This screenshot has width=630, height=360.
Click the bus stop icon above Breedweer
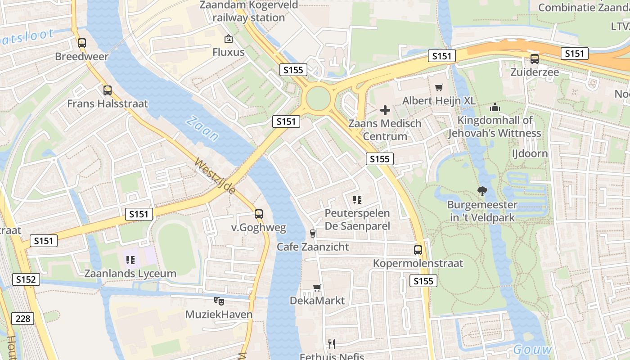tap(81, 44)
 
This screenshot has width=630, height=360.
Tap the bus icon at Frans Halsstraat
tap(107, 90)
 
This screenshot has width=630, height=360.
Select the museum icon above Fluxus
tap(228, 39)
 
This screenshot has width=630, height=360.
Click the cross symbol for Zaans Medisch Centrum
tap(385, 110)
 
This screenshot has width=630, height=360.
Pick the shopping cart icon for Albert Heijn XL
tap(439, 87)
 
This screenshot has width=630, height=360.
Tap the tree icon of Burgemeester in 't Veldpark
tap(482, 191)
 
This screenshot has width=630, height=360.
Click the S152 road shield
tap(26, 279)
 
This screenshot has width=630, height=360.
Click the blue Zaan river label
tap(202, 129)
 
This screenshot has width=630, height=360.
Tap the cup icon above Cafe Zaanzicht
tap(313, 233)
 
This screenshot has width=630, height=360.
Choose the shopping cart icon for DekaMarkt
tap(317, 288)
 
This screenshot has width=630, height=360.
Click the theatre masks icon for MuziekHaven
tap(219, 301)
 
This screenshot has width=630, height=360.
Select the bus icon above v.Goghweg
tap(258, 214)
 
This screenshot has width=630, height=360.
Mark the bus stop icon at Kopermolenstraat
tap(418, 250)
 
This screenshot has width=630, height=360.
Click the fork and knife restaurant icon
tap(332, 344)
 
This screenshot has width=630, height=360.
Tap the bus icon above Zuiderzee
tap(534, 59)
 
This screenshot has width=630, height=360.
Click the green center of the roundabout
tap(318, 98)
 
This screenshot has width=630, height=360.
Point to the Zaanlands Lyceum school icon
tap(130, 260)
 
